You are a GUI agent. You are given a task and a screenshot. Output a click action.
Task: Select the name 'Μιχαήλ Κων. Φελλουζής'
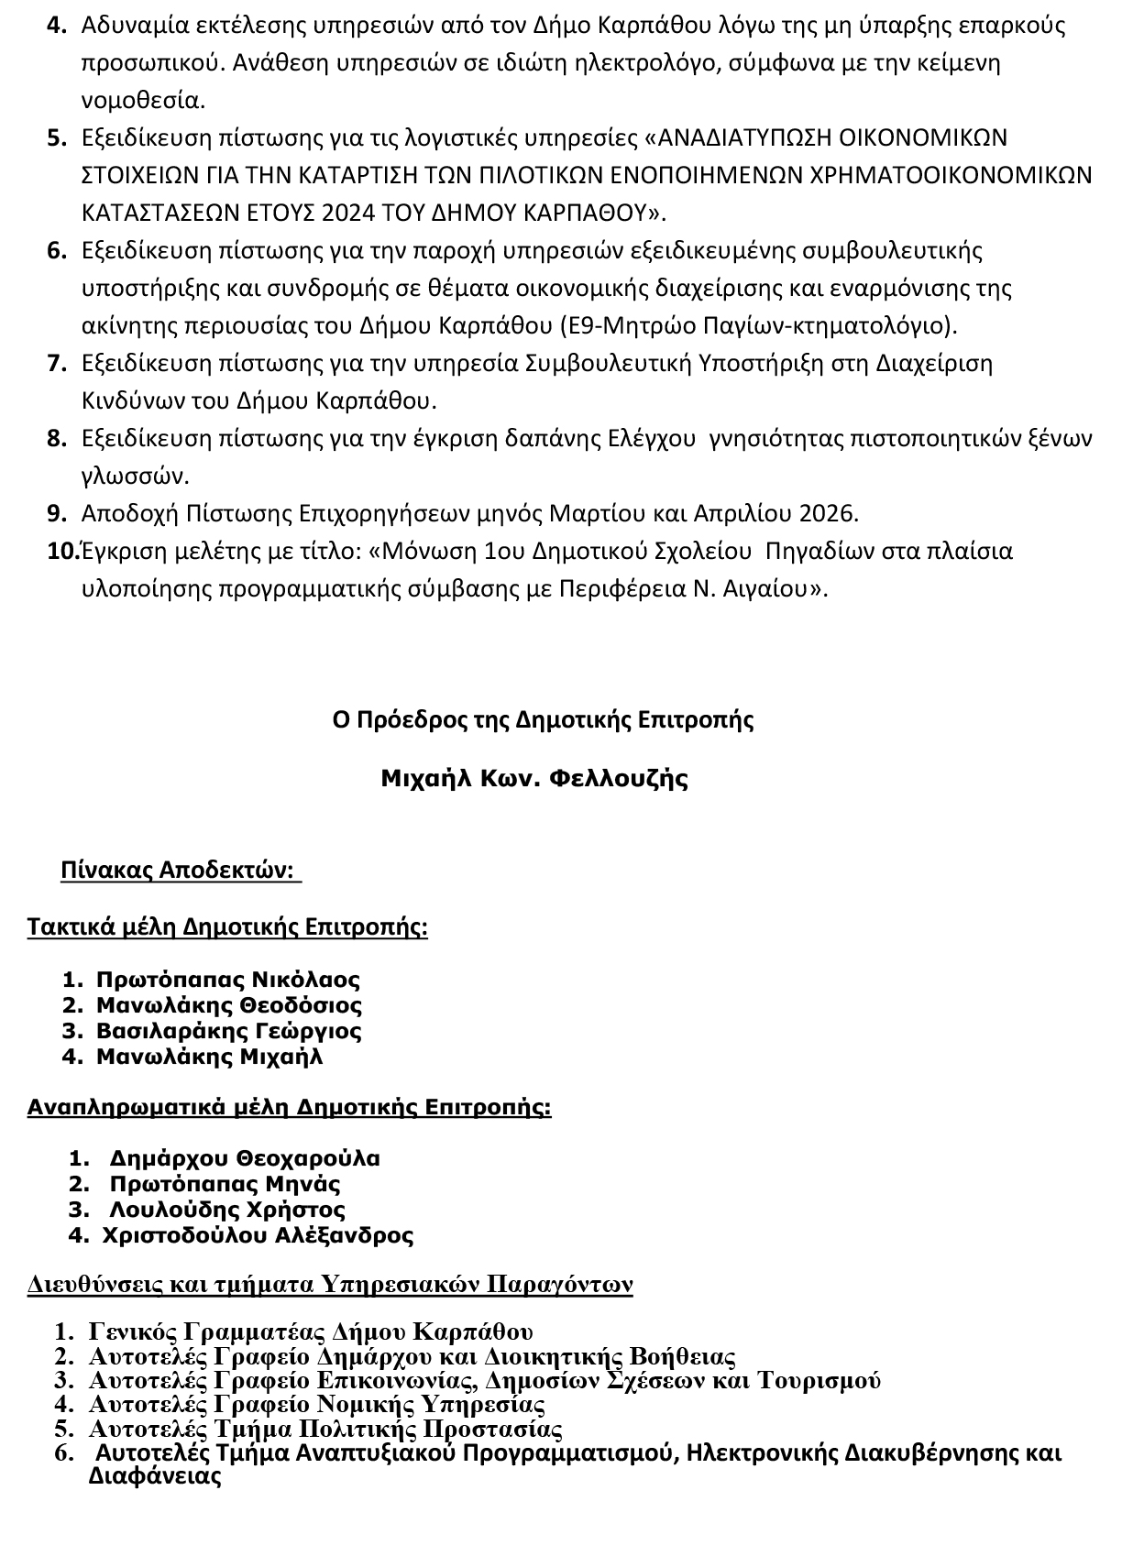(534, 779)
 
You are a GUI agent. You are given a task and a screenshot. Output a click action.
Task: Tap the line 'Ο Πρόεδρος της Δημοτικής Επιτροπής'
(543, 719)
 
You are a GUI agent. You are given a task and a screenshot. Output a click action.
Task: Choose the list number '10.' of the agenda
(62, 552)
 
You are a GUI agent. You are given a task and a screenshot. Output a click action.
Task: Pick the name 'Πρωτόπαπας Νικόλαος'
(228, 979)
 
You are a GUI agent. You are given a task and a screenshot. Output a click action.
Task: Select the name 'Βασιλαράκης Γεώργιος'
(229, 1030)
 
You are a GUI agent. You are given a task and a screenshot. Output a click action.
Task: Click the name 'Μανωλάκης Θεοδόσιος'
(229, 1004)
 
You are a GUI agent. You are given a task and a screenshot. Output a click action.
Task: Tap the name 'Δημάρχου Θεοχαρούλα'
(245, 1157)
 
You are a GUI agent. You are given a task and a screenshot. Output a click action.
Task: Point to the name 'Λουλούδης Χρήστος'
(227, 1209)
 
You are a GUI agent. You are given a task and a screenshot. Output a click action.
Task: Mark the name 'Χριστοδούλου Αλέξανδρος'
(258, 1234)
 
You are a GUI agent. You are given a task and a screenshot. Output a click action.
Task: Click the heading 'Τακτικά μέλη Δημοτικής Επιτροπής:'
(227, 926)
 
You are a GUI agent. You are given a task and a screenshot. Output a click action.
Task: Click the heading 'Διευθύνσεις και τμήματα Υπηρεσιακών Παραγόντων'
(330, 1284)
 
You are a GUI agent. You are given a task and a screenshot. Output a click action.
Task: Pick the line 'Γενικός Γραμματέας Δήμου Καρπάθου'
(311, 1331)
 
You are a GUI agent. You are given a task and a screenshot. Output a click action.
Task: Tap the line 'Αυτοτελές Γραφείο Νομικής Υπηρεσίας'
(317, 1404)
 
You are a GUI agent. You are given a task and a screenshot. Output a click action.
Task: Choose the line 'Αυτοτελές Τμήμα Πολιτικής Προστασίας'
(325, 1429)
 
